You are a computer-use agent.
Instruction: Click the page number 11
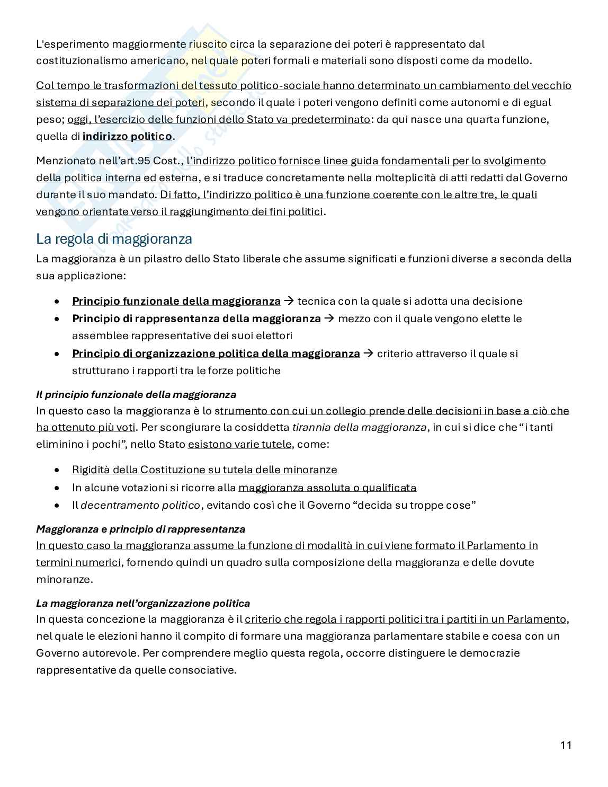pyautogui.click(x=565, y=745)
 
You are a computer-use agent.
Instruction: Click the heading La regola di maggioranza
pyautogui.click(x=114, y=239)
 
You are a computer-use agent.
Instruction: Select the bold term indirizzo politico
pyautogui.click(x=127, y=136)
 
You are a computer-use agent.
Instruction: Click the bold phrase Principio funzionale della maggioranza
pyautogui.click(x=176, y=302)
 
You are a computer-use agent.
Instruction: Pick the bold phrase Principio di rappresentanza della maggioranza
pyautogui.click(x=196, y=319)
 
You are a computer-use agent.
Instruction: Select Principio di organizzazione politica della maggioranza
pyautogui.click(x=216, y=353)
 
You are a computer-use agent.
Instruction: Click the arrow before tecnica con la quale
pyautogui.click(x=289, y=302)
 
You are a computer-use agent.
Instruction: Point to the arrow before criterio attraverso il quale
pyautogui.click(x=368, y=353)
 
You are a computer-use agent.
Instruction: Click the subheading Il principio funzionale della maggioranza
pyautogui.click(x=136, y=395)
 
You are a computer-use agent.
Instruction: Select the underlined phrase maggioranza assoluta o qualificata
pyautogui.click(x=327, y=488)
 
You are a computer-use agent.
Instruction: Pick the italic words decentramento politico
pyautogui.click(x=140, y=505)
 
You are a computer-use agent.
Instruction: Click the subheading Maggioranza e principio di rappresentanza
pyautogui.click(x=140, y=529)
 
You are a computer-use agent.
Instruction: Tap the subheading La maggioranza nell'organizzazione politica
pyautogui.click(x=143, y=603)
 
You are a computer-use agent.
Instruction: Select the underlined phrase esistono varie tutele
pyautogui.click(x=239, y=444)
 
